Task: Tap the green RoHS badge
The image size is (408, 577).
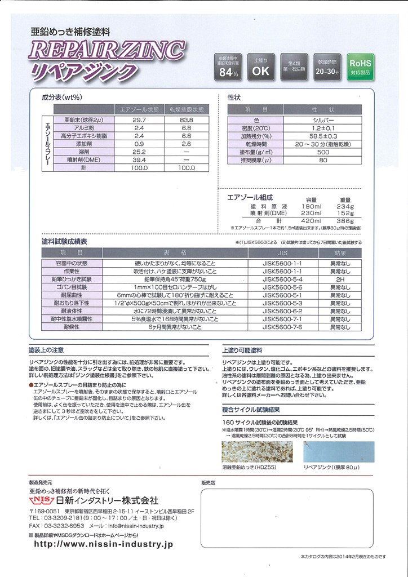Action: tap(360, 67)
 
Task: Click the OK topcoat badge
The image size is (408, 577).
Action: tap(261, 67)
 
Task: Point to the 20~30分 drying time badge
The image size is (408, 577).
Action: tap(327, 67)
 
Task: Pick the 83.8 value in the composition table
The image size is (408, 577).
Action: tap(187, 120)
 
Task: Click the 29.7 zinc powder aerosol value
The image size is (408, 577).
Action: tap(139, 120)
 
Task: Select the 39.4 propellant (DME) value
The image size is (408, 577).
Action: tap(139, 159)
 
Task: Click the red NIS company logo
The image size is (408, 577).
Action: tap(41, 501)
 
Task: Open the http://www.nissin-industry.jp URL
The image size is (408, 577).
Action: tap(104, 544)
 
